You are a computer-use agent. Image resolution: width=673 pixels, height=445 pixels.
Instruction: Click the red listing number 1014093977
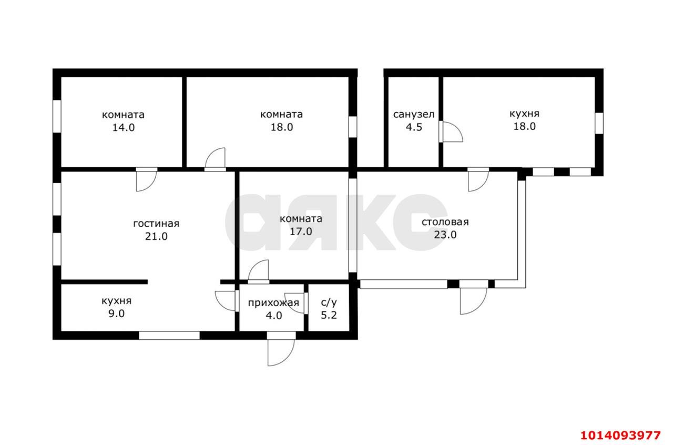[620, 435]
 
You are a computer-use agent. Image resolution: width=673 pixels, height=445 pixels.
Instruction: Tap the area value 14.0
[124, 127]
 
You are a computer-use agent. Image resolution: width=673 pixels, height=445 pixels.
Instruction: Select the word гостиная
[156, 224]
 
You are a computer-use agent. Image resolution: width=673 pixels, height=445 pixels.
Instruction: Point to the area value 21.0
[156, 236]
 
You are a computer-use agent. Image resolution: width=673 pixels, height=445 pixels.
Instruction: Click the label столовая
[445, 222]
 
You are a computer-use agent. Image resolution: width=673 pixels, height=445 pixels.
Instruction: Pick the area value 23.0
[445, 235]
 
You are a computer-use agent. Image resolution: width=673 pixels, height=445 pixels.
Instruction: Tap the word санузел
[414, 115]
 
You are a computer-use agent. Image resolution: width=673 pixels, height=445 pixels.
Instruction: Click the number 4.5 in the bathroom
[414, 127]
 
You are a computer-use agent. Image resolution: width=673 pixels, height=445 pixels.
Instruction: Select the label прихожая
[273, 303]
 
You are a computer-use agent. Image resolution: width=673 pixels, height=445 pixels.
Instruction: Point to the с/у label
[329, 302]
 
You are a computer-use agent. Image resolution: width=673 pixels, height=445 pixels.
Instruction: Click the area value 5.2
[329, 315]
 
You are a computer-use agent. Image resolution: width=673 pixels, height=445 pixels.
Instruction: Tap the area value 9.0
[117, 313]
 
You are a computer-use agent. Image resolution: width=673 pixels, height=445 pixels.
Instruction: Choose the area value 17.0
[301, 231]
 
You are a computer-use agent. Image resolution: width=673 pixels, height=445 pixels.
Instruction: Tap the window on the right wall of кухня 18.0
[599, 123]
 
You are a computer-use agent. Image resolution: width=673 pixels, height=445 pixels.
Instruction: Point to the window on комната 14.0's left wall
[57, 116]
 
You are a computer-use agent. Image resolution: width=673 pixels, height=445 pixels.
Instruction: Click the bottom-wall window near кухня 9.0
[169, 336]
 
